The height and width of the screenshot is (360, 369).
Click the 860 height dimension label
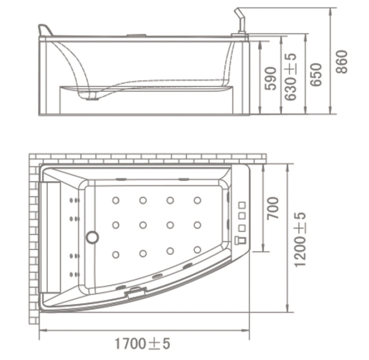[x=342, y=62]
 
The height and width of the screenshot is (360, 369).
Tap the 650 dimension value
[x=316, y=75]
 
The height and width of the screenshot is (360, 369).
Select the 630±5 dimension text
[x=290, y=77]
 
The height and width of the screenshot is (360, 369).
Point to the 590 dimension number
[x=270, y=79]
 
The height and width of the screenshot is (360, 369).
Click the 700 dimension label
[x=273, y=208]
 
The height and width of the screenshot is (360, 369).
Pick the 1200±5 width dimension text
[x=300, y=240]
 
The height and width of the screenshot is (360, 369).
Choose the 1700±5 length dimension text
[x=142, y=344]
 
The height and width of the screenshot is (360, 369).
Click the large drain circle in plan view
[x=92, y=237]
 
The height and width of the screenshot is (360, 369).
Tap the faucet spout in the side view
[x=240, y=21]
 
